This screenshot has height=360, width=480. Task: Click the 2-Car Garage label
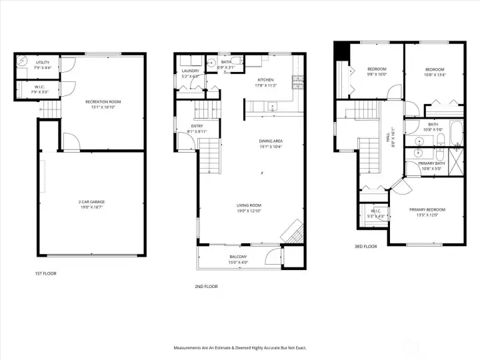click(93, 203)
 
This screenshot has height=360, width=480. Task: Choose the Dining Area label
click(271, 143)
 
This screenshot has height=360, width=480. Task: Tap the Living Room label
click(249, 207)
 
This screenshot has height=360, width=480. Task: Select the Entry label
click(197, 128)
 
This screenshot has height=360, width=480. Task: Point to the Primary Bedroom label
click(427, 212)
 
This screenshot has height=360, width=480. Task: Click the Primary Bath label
click(431, 165)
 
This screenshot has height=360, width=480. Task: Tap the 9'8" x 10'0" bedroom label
click(377, 71)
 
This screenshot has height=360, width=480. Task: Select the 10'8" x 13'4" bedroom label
click(435, 72)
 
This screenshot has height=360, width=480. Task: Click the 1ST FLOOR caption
click(45, 273)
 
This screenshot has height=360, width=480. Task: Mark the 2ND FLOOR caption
click(207, 286)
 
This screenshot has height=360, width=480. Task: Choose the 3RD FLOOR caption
click(365, 247)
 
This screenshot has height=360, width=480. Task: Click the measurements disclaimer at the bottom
click(240, 347)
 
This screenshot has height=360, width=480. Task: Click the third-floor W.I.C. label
click(377, 214)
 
